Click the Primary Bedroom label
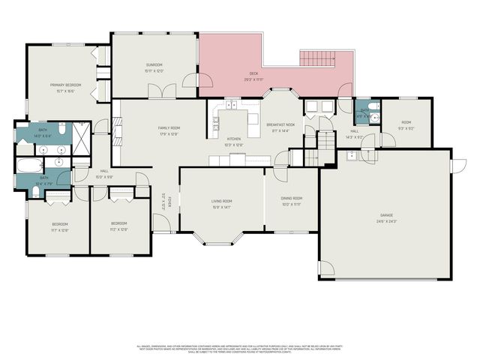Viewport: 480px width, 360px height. click(x=65, y=85)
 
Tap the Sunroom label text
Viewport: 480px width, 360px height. click(x=154, y=65)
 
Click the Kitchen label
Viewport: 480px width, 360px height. click(x=234, y=139)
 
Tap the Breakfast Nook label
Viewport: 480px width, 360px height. click(x=280, y=124)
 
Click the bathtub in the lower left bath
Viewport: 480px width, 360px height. click(x=29, y=166)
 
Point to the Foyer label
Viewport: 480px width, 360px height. click(x=170, y=202)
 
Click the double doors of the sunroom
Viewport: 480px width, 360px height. click(x=159, y=91)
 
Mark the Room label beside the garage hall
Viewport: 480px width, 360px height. click(x=406, y=122)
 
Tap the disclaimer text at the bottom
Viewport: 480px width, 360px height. click(x=240, y=348)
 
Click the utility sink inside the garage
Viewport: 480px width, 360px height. click(x=352, y=156)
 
